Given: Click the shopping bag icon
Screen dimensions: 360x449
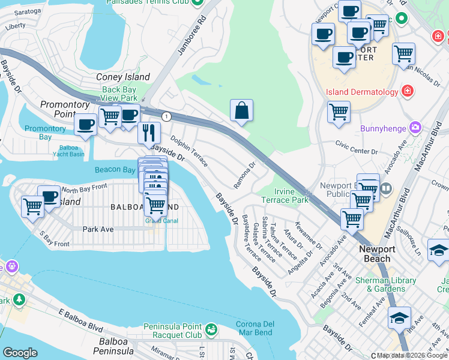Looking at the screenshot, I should (241, 111).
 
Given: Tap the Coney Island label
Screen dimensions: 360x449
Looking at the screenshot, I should (123, 77).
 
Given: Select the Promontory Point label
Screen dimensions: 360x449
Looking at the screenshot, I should (65, 109).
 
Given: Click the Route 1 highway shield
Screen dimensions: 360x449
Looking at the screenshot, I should (166, 116).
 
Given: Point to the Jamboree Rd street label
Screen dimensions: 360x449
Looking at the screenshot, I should (192, 35).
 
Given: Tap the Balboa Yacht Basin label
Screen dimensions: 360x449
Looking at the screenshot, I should (71, 150).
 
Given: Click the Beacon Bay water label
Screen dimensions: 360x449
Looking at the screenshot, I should (115, 170).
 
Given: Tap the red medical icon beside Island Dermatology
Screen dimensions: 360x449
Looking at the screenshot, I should (408, 92).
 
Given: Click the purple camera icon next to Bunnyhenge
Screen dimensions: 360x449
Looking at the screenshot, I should (415, 128).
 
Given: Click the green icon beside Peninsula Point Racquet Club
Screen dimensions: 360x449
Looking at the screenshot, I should (211, 329).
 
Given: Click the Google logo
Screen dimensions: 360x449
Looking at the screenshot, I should (20, 353).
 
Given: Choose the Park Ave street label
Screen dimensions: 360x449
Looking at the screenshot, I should (98, 229).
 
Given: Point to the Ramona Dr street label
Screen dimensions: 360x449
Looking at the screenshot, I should (244, 174).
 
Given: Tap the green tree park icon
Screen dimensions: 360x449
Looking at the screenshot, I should (19, 298).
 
